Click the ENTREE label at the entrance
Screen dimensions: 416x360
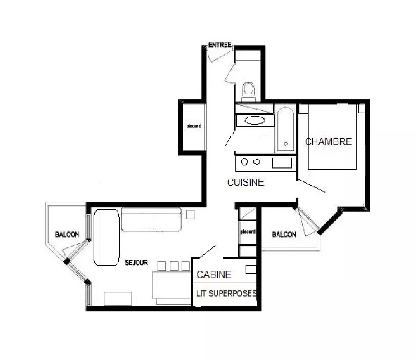[220, 45]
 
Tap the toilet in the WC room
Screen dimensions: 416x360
[248, 90]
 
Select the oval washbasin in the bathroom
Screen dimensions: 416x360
[255, 120]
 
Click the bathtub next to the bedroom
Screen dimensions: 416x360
[286, 130]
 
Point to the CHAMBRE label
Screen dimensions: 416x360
[329, 141]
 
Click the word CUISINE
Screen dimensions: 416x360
[246, 182]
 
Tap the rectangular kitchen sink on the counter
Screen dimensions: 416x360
[282, 163]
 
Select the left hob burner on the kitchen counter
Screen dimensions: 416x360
[245, 162]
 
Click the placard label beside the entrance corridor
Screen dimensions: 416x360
[194, 126]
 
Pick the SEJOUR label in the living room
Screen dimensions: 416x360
[137, 263]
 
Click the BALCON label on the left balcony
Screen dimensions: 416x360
[67, 234]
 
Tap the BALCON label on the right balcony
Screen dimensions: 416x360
[284, 234]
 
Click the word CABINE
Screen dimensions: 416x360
[214, 274]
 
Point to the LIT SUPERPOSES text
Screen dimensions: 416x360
[226, 293]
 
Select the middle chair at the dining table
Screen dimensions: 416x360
[174, 266]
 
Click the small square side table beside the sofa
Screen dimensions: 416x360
[190, 215]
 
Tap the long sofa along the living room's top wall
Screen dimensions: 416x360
[151, 219]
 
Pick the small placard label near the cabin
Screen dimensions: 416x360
[248, 232]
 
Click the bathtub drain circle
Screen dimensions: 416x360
[286, 144]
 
